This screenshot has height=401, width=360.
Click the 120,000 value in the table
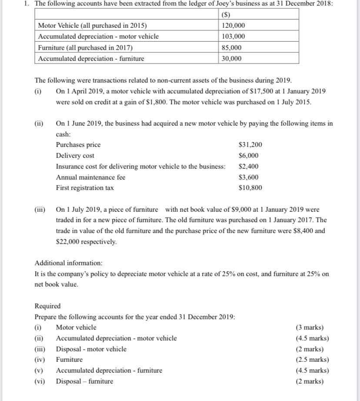233,26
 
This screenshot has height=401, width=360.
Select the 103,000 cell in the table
233,37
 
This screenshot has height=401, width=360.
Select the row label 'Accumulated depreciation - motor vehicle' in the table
98,37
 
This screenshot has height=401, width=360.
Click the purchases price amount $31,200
250,145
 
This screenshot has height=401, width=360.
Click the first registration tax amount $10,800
250,188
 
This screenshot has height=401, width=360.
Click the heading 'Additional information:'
69,263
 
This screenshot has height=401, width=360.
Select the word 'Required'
47,306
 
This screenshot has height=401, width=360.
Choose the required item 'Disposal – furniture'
84,381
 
